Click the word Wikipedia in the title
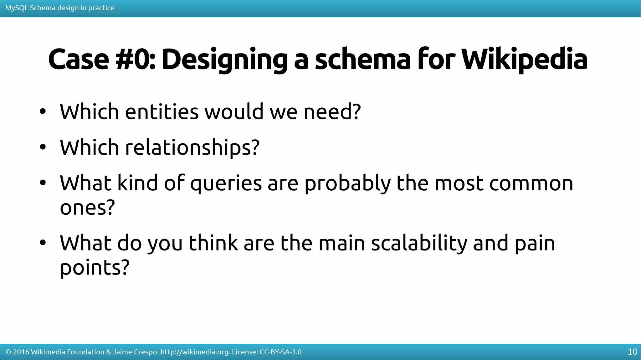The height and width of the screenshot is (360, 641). pos(524,59)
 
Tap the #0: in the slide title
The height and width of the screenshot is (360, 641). pos(135,59)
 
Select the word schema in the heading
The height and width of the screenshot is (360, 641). pos(362,59)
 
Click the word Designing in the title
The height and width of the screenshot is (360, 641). pos(224,59)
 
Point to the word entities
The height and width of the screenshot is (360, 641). pos(162,112)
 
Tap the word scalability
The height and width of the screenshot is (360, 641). pos(419,243)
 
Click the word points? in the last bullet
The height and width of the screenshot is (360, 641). pos(95,268)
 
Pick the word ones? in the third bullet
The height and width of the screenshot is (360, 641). pos(87,208)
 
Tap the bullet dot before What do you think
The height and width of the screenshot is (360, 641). pos(43,243)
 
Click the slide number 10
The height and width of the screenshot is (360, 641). pos(632,352)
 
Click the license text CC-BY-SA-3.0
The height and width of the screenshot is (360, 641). pos(280,352)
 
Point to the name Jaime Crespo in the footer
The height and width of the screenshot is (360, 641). pos(135,352)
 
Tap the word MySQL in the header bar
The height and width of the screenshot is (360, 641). pos(17,8)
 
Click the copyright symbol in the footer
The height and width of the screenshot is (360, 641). pos(8,352)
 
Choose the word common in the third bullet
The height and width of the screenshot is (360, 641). pos(531,183)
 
